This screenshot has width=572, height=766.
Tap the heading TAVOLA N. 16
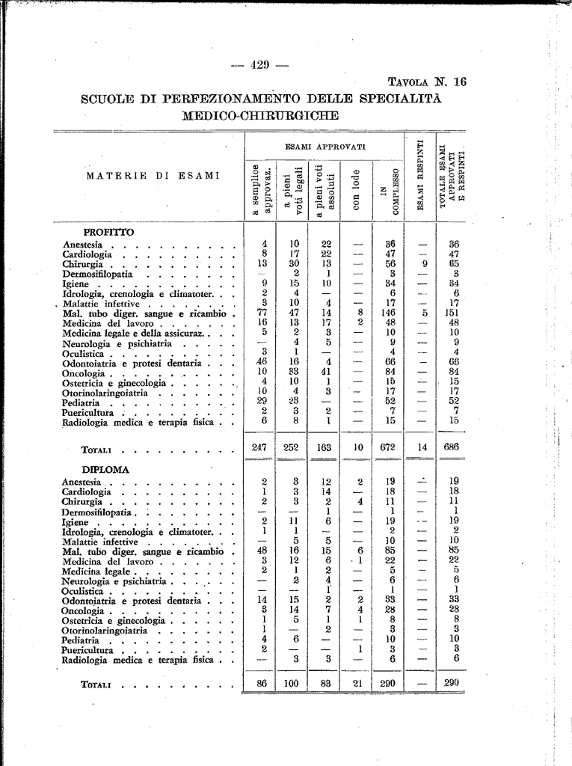427,82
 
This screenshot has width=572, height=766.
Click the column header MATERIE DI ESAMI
153,176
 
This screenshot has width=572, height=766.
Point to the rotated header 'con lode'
357,190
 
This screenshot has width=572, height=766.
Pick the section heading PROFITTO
108,232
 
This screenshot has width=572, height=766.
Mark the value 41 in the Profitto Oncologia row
326,371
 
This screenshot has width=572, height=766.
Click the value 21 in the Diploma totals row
358,684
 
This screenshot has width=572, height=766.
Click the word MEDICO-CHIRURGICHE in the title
260,115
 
